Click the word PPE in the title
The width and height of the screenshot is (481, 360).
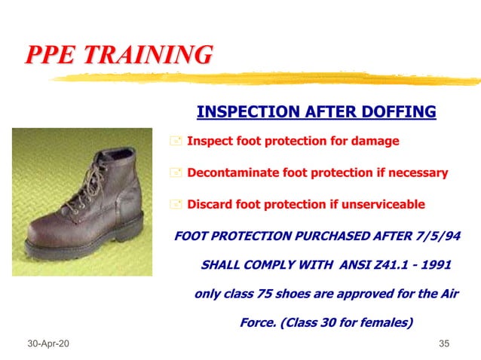53,55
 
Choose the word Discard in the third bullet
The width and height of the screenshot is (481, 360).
210,204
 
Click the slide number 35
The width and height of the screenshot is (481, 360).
444,344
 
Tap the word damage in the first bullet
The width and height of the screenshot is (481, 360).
378,141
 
